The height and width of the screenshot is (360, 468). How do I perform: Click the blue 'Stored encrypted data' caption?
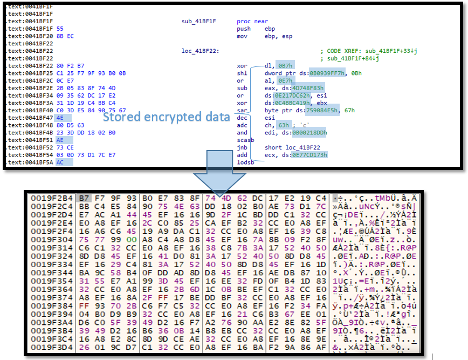[x=166, y=117]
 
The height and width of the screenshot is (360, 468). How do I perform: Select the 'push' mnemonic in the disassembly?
[x=244, y=29]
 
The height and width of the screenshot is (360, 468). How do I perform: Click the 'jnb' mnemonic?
[x=242, y=147]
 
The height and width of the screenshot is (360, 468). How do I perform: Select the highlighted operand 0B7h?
[x=284, y=65]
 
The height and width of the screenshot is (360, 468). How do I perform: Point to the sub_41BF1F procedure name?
[x=198, y=21]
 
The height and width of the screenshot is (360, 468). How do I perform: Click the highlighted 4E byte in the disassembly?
[x=60, y=117]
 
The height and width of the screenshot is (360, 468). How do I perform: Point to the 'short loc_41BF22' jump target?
[x=294, y=147]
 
